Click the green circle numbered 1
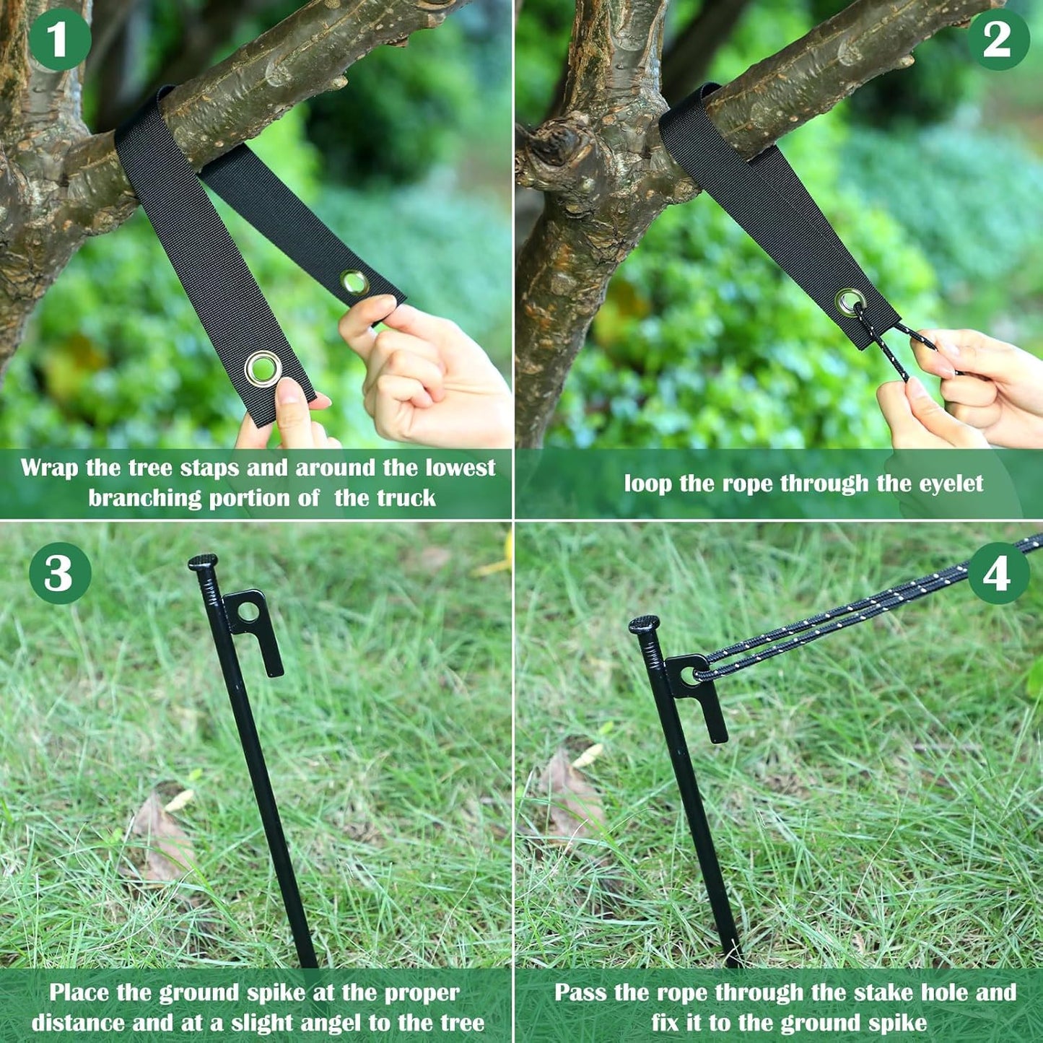[x=60, y=39]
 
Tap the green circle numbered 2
[x=997, y=39]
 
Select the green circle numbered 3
[x=60, y=574]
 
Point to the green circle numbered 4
[x=998, y=574]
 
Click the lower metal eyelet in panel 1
[x=263, y=368]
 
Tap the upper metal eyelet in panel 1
[x=354, y=282]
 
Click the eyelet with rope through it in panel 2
[x=850, y=302]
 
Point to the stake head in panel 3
[x=203, y=562]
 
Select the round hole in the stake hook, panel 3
[x=248, y=611]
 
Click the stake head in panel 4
[x=644, y=624]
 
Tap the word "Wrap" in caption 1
[x=49, y=468]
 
